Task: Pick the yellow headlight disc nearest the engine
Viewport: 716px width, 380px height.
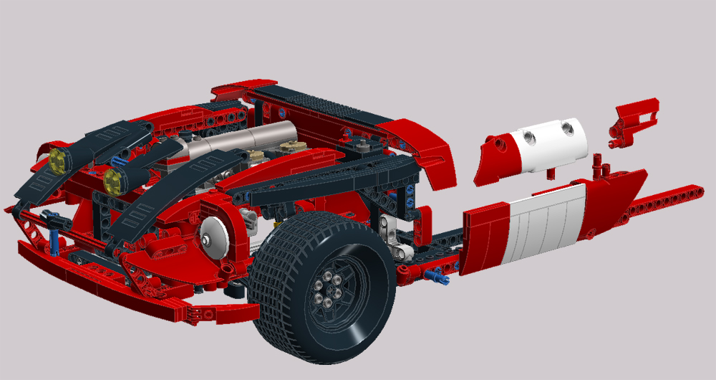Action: [x=112, y=181]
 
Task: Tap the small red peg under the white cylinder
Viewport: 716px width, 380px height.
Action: [x=550, y=174]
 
